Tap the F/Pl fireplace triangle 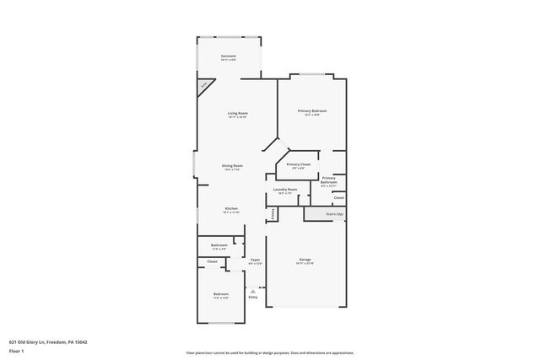[204, 87]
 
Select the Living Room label [237, 113]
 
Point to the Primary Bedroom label [311, 111]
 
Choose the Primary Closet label [299, 164]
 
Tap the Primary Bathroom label [328, 180]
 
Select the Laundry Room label [285, 190]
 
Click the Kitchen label [231, 208]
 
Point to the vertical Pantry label [273, 215]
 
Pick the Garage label [305, 259]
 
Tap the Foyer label [254, 260]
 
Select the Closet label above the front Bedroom [212, 262]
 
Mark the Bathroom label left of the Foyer [219, 245]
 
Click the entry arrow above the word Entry [252, 291]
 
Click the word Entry [252, 298]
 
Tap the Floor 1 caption [17, 351]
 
